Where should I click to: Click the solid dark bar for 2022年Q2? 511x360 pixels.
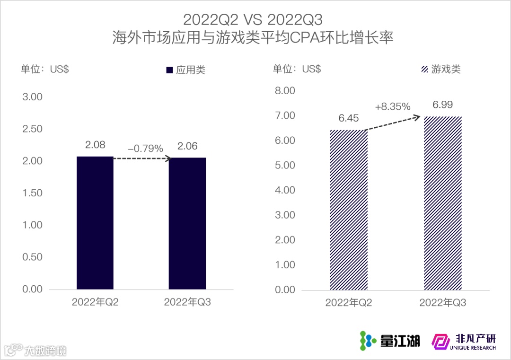tap(95, 222)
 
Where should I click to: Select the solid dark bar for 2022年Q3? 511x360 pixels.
tap(187, 223)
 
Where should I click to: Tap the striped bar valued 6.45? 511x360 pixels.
tap(348, 210)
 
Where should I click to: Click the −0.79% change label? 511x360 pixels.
tap(145, 148)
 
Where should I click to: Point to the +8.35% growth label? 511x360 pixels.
tap(393, 106)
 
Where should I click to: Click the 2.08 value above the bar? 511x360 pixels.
tap(95, 145)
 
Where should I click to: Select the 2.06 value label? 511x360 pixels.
tap(187, 146)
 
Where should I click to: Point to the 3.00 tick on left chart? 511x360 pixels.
tap(32, 97)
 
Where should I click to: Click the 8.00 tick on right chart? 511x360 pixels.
tap(285, 90)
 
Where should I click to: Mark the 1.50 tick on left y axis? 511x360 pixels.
tap(32, 193)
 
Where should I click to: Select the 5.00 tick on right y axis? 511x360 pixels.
tap(285, 165)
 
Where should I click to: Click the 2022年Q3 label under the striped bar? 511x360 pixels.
tap(443, 303)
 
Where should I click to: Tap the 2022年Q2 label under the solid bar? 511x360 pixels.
tap(95, 302)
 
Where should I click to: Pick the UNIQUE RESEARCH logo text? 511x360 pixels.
tap(471, 348)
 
